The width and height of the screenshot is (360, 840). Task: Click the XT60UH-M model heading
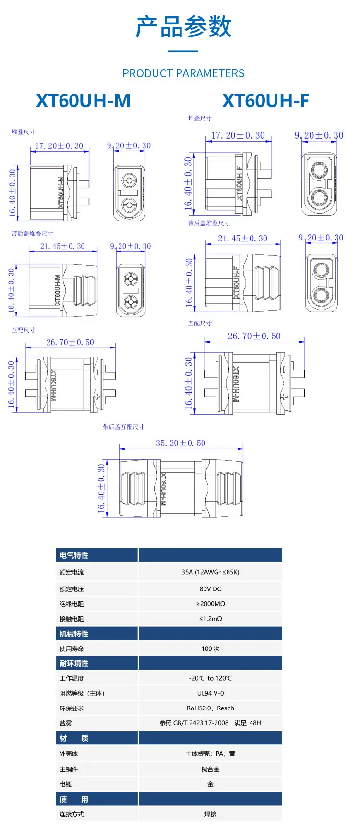[x=84, y=100]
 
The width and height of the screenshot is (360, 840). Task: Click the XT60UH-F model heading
[x=265, y=100]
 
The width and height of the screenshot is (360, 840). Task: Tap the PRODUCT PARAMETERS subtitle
[x=183, y=73]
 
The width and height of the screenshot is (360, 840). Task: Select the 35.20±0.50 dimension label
[x=180, y=443]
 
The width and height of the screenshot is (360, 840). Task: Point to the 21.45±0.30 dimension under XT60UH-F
[x=242, y=238]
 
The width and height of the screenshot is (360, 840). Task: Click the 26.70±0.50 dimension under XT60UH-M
[x=70, y=342]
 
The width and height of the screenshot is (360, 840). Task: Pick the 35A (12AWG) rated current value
[x=210, y=572]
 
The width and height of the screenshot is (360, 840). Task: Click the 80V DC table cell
[x=210, y=588]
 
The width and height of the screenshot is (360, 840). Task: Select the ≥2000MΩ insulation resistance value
[x=210, y=604]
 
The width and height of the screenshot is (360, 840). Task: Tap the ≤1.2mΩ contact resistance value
[x=210, y=619]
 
